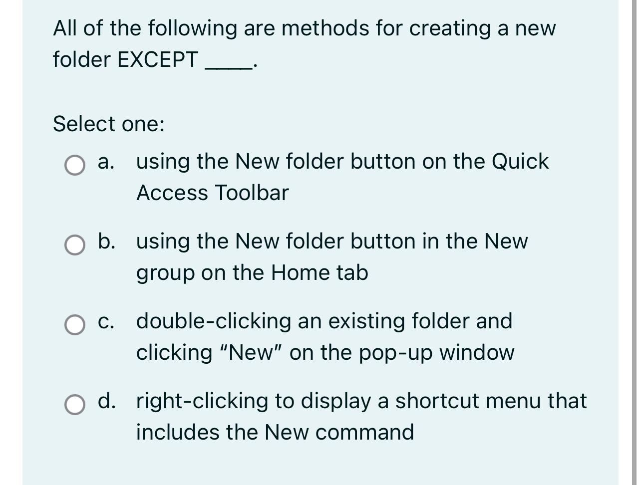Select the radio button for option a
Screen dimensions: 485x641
coord(75,166)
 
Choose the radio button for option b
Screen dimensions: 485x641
coord(75,245)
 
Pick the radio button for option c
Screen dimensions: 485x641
coord(75,325)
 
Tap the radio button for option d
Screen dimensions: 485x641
coord(75,405)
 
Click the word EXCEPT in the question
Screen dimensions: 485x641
coord(157,60)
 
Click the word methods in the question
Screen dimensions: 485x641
coord(325,28)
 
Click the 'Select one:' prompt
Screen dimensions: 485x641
coord(108,124)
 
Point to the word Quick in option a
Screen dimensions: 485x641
coord(520,162)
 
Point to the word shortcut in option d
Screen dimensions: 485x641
coord(450,401)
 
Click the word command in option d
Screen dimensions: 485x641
coord(364,432)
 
